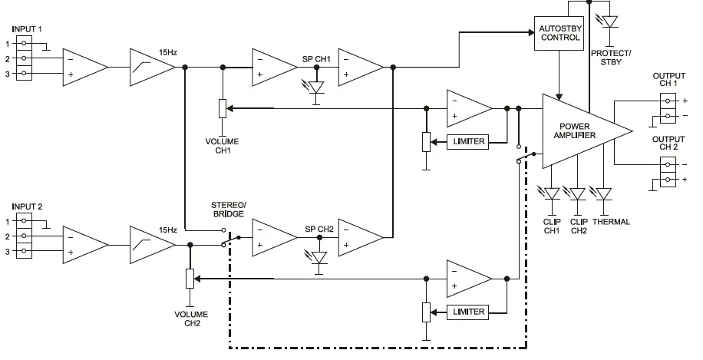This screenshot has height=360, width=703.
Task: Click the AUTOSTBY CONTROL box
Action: (559, 31)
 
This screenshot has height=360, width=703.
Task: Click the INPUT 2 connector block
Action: (27, 237)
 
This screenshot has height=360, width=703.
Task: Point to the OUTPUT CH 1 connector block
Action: (668, 108)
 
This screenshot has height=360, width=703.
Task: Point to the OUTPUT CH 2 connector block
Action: (668, 171)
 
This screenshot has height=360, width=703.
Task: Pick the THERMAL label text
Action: (611, 222)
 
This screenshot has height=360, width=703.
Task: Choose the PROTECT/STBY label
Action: (610, 58)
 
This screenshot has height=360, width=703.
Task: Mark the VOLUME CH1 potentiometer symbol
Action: (222, 108)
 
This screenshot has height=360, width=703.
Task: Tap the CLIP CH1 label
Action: (553, 226)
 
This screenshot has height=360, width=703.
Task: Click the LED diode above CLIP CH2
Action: (578, 193)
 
